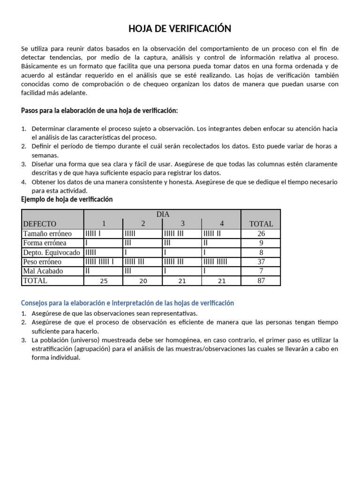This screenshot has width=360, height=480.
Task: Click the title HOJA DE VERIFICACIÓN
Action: tap(180, 29)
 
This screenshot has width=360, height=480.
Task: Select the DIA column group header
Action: tap(163, 214)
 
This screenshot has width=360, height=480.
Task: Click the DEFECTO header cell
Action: tap(40, 224)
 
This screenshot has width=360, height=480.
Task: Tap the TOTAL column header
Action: tap(261, 224)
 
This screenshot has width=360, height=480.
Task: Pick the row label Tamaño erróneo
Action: tap(47, 233)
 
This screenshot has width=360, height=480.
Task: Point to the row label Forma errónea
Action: tap(45, 243)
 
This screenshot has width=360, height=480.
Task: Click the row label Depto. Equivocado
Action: tap(52, 252)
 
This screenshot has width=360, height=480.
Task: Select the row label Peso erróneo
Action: tap(43, 262)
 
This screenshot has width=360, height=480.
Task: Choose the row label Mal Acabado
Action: tap(43, 271)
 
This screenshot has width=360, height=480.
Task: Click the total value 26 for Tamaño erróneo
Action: tap(261, 233)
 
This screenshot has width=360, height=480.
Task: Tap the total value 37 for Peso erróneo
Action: tap(261, 262)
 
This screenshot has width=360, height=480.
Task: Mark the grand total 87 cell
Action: tap(261, 281)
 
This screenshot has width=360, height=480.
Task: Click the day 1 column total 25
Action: tap(105, 281)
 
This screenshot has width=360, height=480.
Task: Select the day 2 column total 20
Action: tap(143, 281)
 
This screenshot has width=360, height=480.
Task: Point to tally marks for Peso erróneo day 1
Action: tap(99, 262)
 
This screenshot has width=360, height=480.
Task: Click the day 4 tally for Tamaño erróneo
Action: tap(212, 233)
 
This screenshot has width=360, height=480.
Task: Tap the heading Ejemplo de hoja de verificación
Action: tap(67, 199)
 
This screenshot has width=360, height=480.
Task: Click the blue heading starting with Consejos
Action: tap(127, 303)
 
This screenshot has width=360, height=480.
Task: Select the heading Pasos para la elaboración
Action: tap(99, 111)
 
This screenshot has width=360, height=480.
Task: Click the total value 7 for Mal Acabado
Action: tap(261, 271)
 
